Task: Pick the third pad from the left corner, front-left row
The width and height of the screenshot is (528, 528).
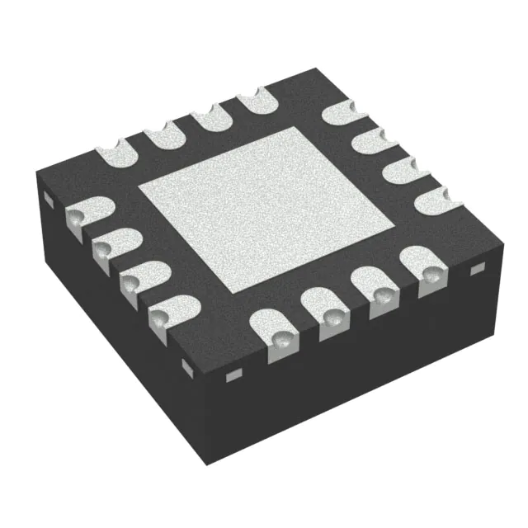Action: click(137, 278)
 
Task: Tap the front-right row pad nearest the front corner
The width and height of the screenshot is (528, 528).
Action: click(277, 330)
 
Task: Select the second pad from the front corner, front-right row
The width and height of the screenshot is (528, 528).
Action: click(328, 310)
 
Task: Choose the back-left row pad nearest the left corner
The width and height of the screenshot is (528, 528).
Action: click(114, 153)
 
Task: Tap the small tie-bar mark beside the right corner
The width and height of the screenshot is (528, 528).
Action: click(475, 270)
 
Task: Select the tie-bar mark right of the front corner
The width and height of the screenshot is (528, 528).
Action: click(233, 375)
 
